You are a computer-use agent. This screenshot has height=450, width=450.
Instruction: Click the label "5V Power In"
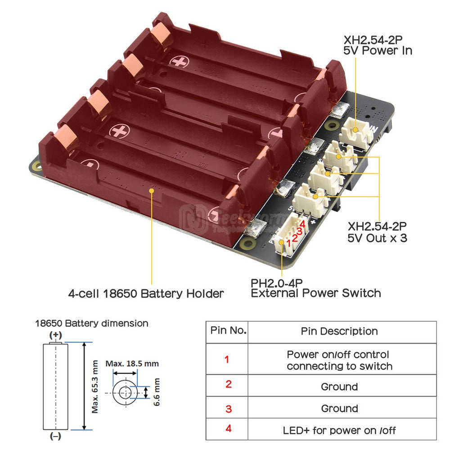click(378, 50)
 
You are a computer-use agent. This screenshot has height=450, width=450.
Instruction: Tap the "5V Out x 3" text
click(378, 237)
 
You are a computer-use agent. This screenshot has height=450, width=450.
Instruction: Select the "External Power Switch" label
click(315, 293)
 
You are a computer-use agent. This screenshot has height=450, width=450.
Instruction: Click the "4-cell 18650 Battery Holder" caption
click(146, 294)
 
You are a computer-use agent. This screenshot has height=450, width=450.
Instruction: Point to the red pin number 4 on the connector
click(302, 224)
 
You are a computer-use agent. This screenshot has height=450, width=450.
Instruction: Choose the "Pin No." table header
click(228, 331)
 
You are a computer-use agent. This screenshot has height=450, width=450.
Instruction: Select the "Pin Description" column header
click(339, 331)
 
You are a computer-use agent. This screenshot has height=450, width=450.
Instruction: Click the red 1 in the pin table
click(227, 360)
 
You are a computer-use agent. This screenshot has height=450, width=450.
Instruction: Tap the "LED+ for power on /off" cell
click(339, 430)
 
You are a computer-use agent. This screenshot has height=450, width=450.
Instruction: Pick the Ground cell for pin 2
click(339, 387)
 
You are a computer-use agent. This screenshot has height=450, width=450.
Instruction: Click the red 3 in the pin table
click(228, 409)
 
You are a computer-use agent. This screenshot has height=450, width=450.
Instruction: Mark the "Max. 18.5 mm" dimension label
click(132, 363)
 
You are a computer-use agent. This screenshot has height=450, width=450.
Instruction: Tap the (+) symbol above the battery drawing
click(55, 335)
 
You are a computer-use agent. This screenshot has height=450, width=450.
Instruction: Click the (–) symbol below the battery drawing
click(55, 436)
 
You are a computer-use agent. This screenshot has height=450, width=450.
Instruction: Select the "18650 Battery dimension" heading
click(92, 323)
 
